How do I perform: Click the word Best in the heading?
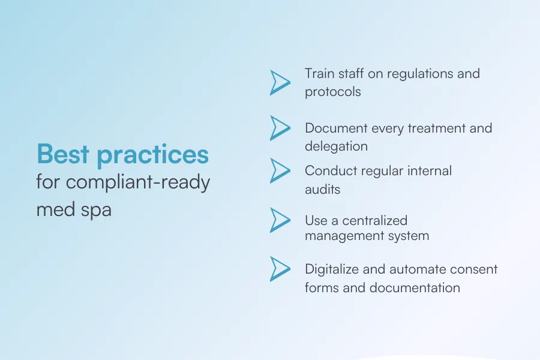[62, 155]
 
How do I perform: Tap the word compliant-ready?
[139, 182]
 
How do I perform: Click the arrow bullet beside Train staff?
[279, 83]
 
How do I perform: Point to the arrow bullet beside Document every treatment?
[279, 127]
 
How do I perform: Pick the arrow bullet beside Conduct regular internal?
[279, 170]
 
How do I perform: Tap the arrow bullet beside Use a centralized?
[279, 220]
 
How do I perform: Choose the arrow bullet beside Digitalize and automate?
[279, 269]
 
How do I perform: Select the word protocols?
[332, 92]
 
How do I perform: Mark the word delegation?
[336, 146]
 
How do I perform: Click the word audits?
[322, 190]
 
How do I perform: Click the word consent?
[475, 269]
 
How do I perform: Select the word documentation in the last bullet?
[415, 288]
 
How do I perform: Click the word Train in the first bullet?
[318, 74]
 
